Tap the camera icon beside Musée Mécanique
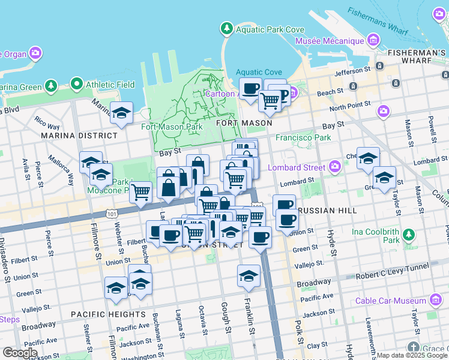point(373,41)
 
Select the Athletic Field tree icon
point(76,84)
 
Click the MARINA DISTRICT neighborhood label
point(79,136)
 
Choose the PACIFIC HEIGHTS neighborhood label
point(108,314)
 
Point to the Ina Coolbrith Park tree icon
point(408,233)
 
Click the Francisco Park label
point(303,137)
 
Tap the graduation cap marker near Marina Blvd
point(121,113)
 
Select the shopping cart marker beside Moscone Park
point(140,193)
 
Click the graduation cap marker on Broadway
point(249,276)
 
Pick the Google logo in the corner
point(20,353)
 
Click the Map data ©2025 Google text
point(411,355)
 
